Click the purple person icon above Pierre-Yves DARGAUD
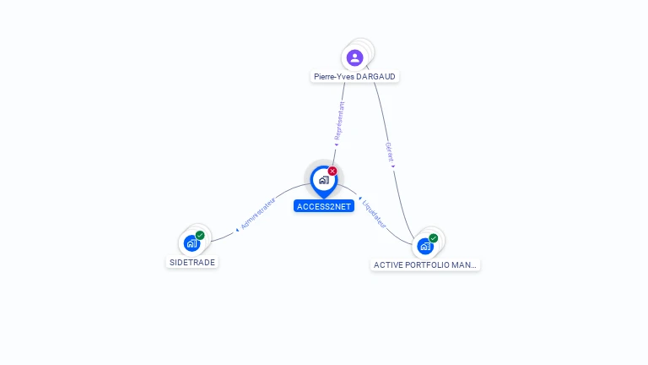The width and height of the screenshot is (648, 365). (354, 57)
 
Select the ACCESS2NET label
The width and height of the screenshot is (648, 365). (324, 206)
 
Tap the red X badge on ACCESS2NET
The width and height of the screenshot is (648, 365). (332, 172)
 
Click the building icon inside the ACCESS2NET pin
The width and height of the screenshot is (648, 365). (323, 179)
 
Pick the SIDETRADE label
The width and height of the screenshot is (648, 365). (192, 262)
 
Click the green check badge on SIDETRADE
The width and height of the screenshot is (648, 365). (200, 236)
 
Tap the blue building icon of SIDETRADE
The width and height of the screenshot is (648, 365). (192, 243)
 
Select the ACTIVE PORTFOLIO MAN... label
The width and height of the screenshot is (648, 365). (425, 264)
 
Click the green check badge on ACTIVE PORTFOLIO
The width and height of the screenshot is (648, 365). (434, 238)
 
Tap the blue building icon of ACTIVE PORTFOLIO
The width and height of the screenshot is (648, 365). (425, 246)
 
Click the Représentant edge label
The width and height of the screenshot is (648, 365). (339, 121)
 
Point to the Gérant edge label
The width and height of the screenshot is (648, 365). (390, 152)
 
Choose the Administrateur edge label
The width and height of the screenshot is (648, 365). (259, 212)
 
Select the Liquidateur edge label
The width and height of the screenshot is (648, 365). (374, 214)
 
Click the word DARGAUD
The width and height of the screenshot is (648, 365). (376, 77)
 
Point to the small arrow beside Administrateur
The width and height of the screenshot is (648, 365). (238, 228)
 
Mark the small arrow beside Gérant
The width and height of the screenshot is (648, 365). (393, 166)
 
